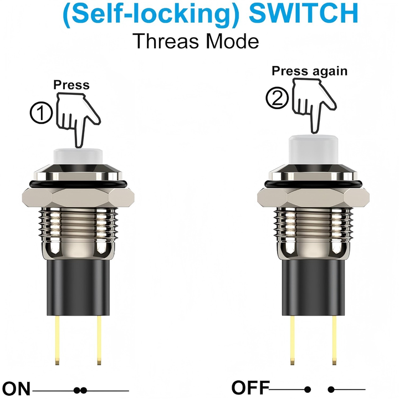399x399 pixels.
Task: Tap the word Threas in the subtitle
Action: tap(163, 40)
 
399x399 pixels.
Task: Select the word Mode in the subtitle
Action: tap(231, 40)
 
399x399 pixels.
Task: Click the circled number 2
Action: tap(277, 99)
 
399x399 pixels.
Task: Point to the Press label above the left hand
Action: tap(71, 85)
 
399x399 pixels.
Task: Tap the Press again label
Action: tap(309, 71)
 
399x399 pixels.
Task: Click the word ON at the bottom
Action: tap(16, 389)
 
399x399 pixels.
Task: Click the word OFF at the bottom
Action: tap(250, 388)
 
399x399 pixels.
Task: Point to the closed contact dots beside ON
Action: tap(80, 390)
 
